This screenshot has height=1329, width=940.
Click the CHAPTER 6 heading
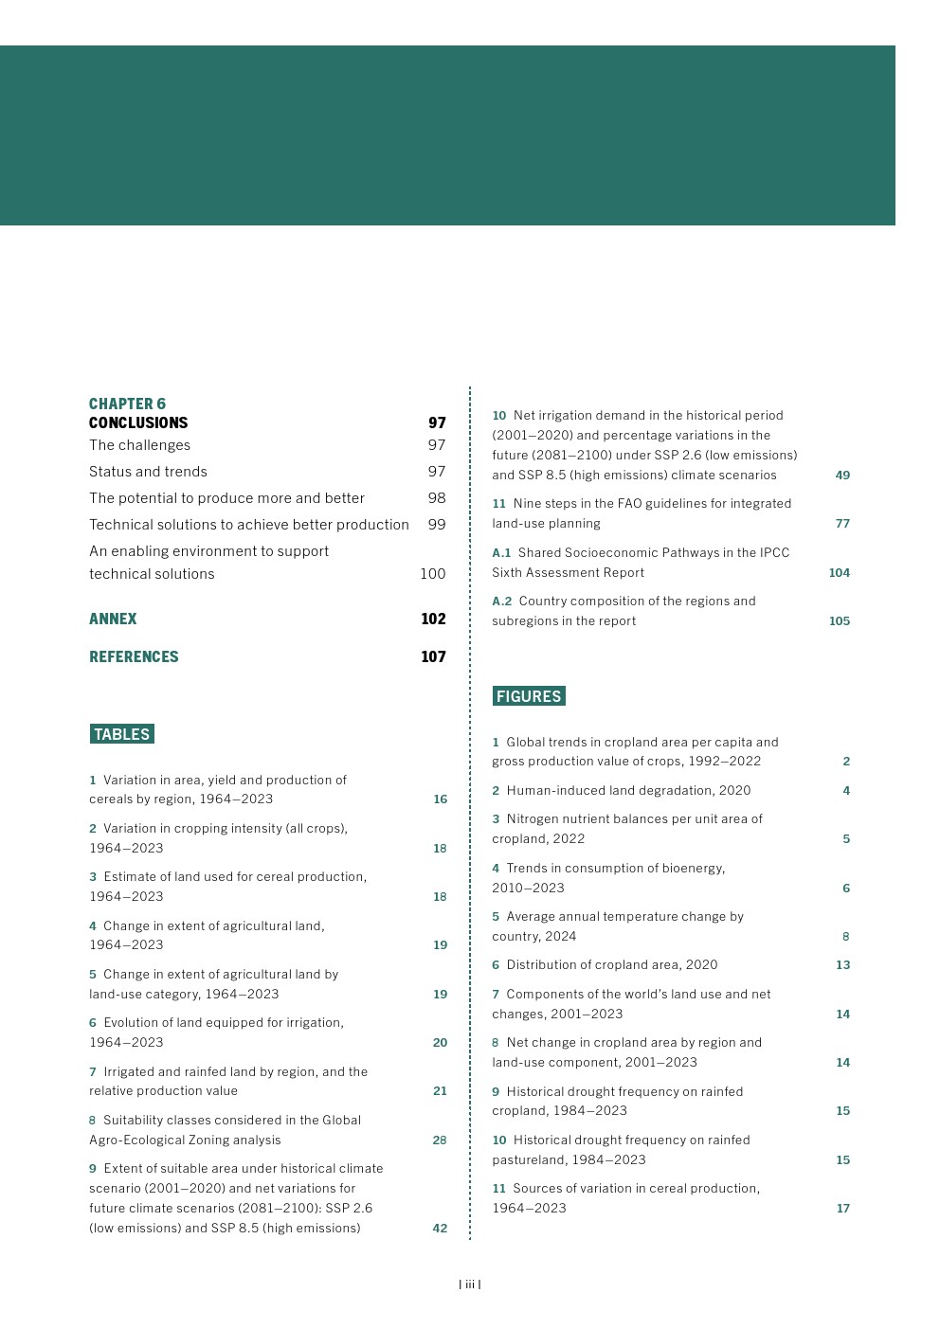click(x=127, y=404)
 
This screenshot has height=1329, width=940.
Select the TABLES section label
click(x=122, y=734)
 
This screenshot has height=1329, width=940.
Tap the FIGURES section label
click(x=529, y=696)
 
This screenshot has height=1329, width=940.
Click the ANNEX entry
click(x=113, y=619)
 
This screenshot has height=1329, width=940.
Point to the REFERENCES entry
click(x=134, y=656)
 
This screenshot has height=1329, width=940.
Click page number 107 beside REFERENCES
click(x=433, y=656)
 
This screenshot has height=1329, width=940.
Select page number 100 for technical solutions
click(x=432, y=573)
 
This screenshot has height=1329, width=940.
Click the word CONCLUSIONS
click(x=138, y=422)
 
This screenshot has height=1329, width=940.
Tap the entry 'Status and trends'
click(x=148, y=472)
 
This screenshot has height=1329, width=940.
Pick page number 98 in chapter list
click(x=436, y=498)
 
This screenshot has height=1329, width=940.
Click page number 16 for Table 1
click(x=440, y=799)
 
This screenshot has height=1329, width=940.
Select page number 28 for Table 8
click(x=440, y=1140)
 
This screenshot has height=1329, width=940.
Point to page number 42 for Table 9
click(x=440, y=1229)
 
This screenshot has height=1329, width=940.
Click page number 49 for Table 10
click(x=842, y=476)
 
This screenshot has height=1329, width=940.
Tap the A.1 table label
click(x=501, y=553)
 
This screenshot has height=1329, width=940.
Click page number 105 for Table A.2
click(x=839, y=621)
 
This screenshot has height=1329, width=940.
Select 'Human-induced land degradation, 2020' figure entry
click(x=628, y=790)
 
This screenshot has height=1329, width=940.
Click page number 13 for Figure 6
click(x=842, y=965)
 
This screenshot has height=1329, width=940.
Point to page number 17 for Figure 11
click(x=842, y=1209)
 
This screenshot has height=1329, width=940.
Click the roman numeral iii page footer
click(x=470, y=1284)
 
